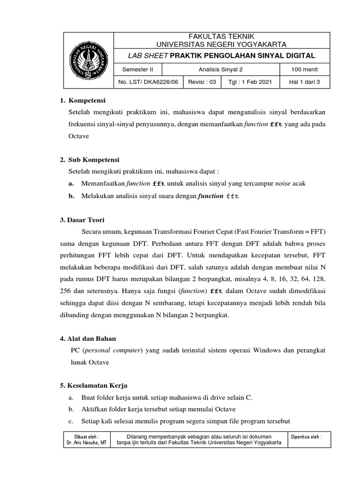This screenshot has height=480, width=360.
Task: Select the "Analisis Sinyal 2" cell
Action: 219,69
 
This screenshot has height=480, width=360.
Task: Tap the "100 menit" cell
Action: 304,69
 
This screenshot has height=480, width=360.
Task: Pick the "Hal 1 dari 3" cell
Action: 304,82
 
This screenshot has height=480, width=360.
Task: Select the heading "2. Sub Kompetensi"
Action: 90,159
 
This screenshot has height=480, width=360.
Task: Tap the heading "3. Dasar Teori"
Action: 82,219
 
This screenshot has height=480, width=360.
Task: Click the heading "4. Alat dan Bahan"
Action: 88,338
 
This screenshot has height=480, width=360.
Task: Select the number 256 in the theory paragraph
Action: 66,291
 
